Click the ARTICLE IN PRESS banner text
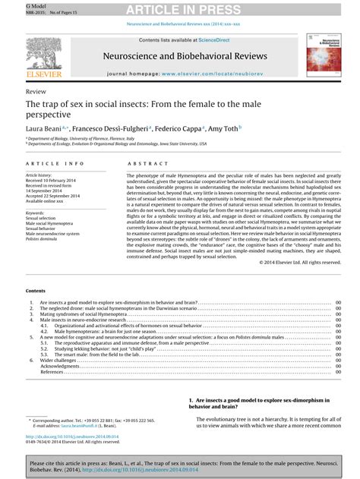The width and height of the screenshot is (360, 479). (179, 9)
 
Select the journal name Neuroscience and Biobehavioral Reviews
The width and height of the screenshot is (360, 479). (180, 56)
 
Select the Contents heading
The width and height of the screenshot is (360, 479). (36, 291)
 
